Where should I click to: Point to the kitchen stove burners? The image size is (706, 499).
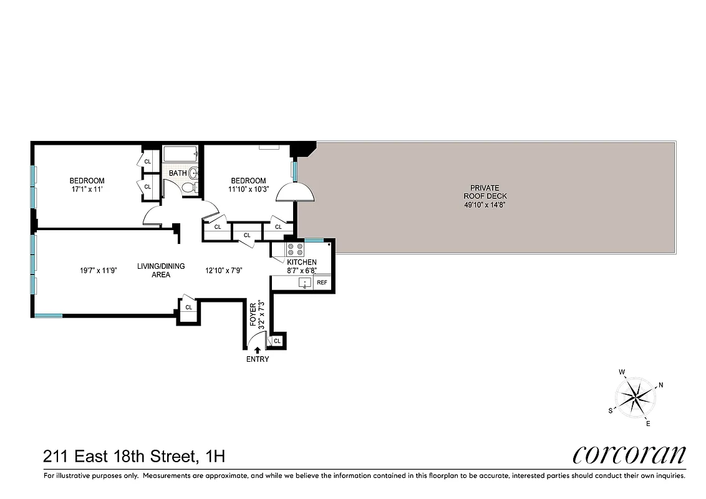tap(294, 249)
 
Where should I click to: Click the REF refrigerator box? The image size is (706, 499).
tap(322, 283)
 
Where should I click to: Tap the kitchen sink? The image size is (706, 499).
tap(304, 283)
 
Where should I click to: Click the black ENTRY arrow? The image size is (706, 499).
tap(258, 351)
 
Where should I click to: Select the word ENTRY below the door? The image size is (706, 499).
tap(258, 359)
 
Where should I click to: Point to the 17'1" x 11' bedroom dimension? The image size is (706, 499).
tap(87, 190)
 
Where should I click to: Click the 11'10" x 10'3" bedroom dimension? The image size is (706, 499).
tap(248, 190)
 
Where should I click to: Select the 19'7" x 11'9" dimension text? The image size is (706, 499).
tap(99, 271)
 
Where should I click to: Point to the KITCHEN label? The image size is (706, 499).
tap(302, 263)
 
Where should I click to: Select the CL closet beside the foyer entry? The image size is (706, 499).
tap(277, 341)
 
